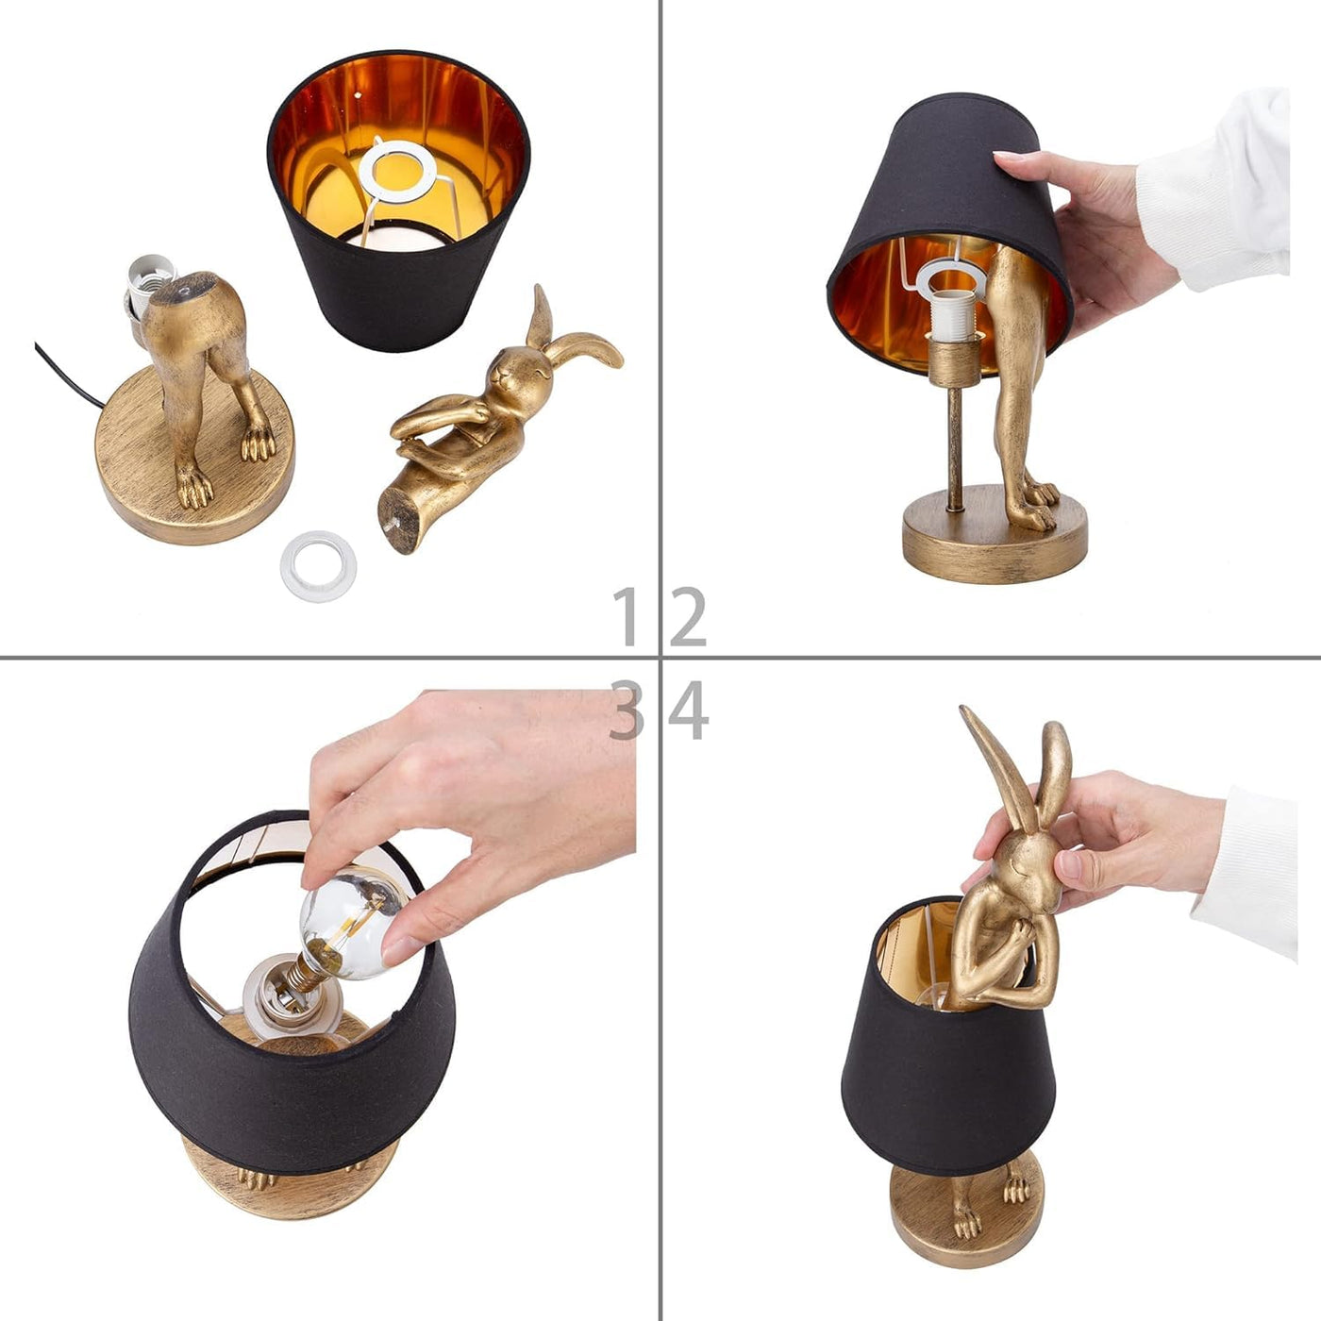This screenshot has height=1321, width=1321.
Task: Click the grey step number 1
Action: click(x=627, y=617)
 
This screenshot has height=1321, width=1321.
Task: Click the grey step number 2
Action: click(x=688, y=617)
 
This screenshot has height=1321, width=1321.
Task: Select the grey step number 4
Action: click(x=688, y=711)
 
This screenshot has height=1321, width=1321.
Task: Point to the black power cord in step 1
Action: click(x=69, y=377)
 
